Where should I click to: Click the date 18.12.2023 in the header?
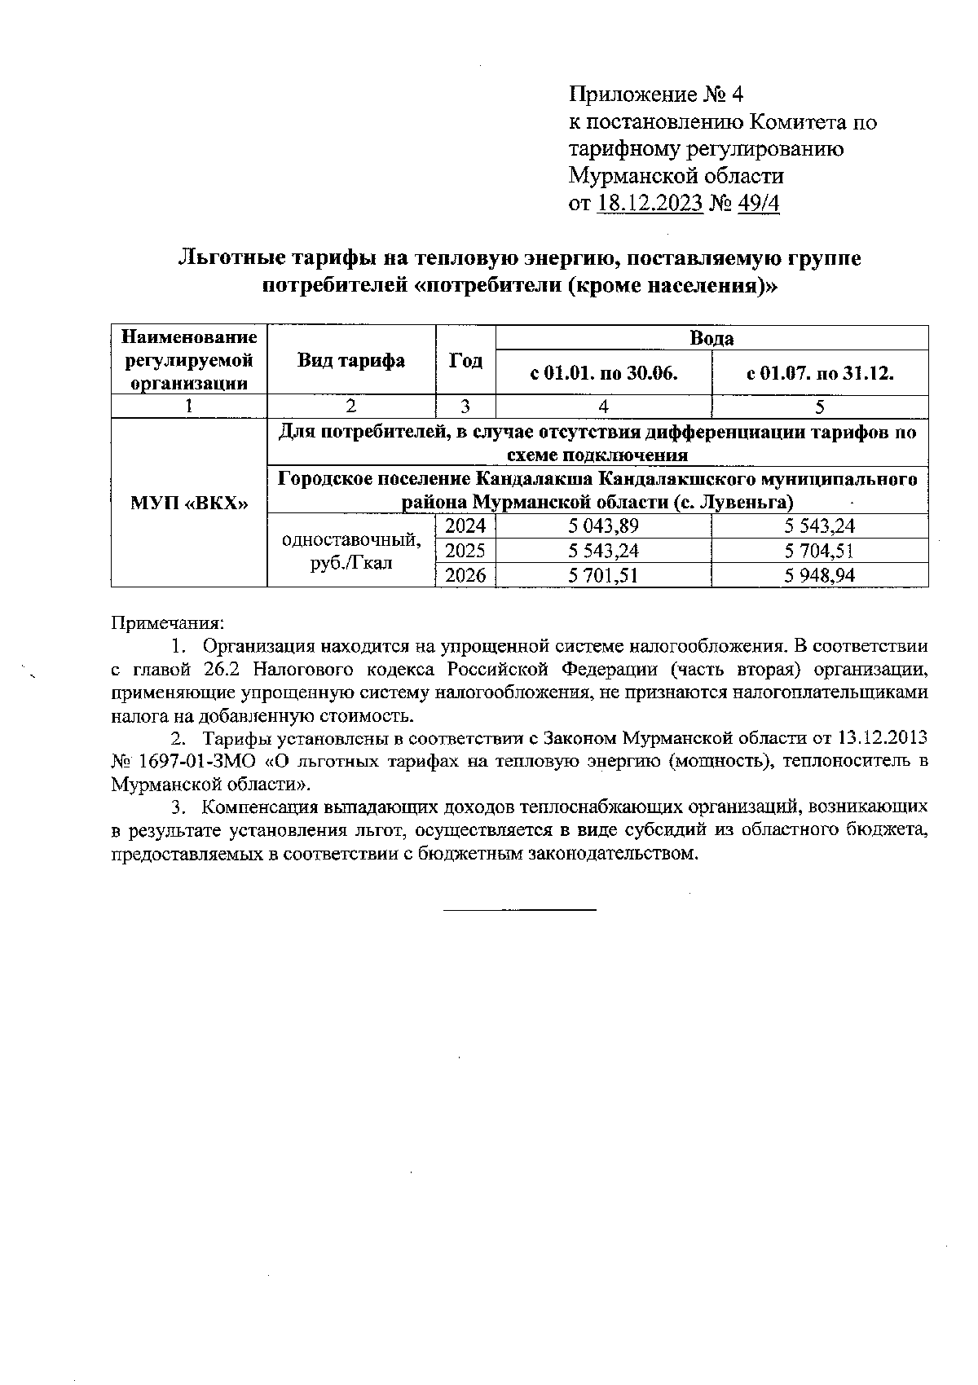point(650,203)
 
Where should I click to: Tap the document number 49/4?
point(758,203)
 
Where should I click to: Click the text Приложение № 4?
point(656,95)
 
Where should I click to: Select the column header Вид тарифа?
point(350,361)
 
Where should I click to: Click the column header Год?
point(465,361)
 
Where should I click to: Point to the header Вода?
point(711,338)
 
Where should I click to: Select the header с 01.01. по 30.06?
point(603,374)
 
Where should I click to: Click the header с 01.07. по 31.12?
point(820,374)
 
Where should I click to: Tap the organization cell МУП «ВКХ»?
point(188,503)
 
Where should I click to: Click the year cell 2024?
point(465,526)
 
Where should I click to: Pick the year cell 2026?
point(465,576)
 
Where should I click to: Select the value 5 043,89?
point(603,526)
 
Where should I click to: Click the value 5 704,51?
point(820,551)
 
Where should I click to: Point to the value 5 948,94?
point(820,576)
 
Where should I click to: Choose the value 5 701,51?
point(603,576)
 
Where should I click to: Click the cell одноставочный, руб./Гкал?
point(350,551)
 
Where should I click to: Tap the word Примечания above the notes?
point(167,623)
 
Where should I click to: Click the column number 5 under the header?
point(820,407)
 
